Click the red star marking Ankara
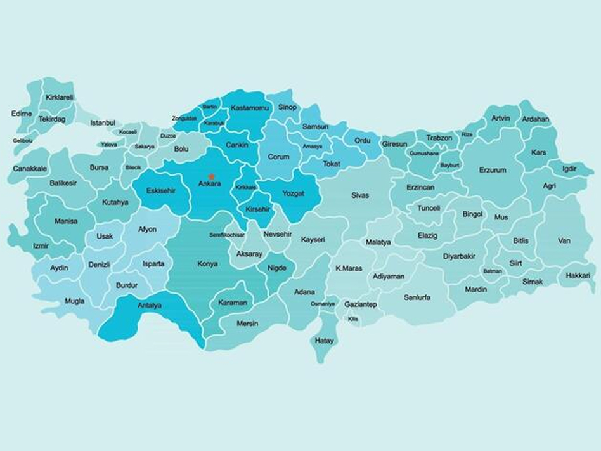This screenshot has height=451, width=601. click(212, 176)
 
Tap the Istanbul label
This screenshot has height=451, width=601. click(103, 122)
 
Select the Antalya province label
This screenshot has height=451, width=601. click(150, 305)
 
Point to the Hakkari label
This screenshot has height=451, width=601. click(578, 275)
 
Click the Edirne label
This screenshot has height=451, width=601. click(22, 114)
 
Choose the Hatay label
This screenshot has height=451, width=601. click(325, 341)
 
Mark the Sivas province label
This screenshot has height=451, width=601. click(360, 195)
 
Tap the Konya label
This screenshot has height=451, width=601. click(207, 264)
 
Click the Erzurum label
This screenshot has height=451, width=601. click(493, 170)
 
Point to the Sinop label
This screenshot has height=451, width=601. click(287, 107)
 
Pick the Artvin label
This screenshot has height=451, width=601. click(500, 118)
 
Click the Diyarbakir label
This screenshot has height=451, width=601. click(459, 256)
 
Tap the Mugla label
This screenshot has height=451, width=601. click(74, 301)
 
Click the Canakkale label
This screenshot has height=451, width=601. click(30, 169)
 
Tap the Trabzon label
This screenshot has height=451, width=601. click(439, 138)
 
